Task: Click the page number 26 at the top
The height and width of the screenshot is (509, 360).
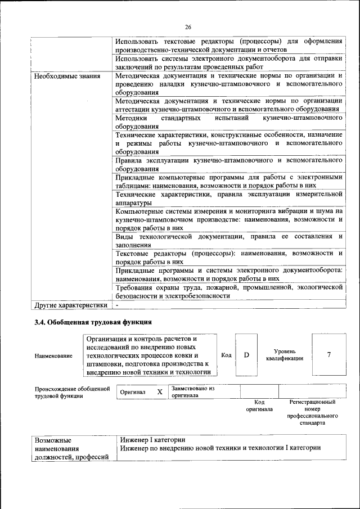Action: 188,26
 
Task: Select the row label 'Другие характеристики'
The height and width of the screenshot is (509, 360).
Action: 70,306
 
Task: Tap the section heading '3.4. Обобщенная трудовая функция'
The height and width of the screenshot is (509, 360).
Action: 93,322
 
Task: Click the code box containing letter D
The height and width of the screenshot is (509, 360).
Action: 246,355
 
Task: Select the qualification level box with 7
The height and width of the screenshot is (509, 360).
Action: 328,355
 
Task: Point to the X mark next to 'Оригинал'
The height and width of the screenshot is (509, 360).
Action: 160,391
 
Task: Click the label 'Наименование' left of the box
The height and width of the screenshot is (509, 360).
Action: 53,355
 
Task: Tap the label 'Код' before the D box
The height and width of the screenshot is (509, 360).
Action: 226,355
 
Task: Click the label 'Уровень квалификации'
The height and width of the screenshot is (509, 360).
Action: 285,354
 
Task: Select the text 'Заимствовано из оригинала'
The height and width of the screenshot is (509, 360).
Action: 193,391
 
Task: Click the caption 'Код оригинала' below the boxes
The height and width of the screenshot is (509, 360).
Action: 259,406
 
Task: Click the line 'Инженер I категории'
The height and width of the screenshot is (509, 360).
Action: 152,439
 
